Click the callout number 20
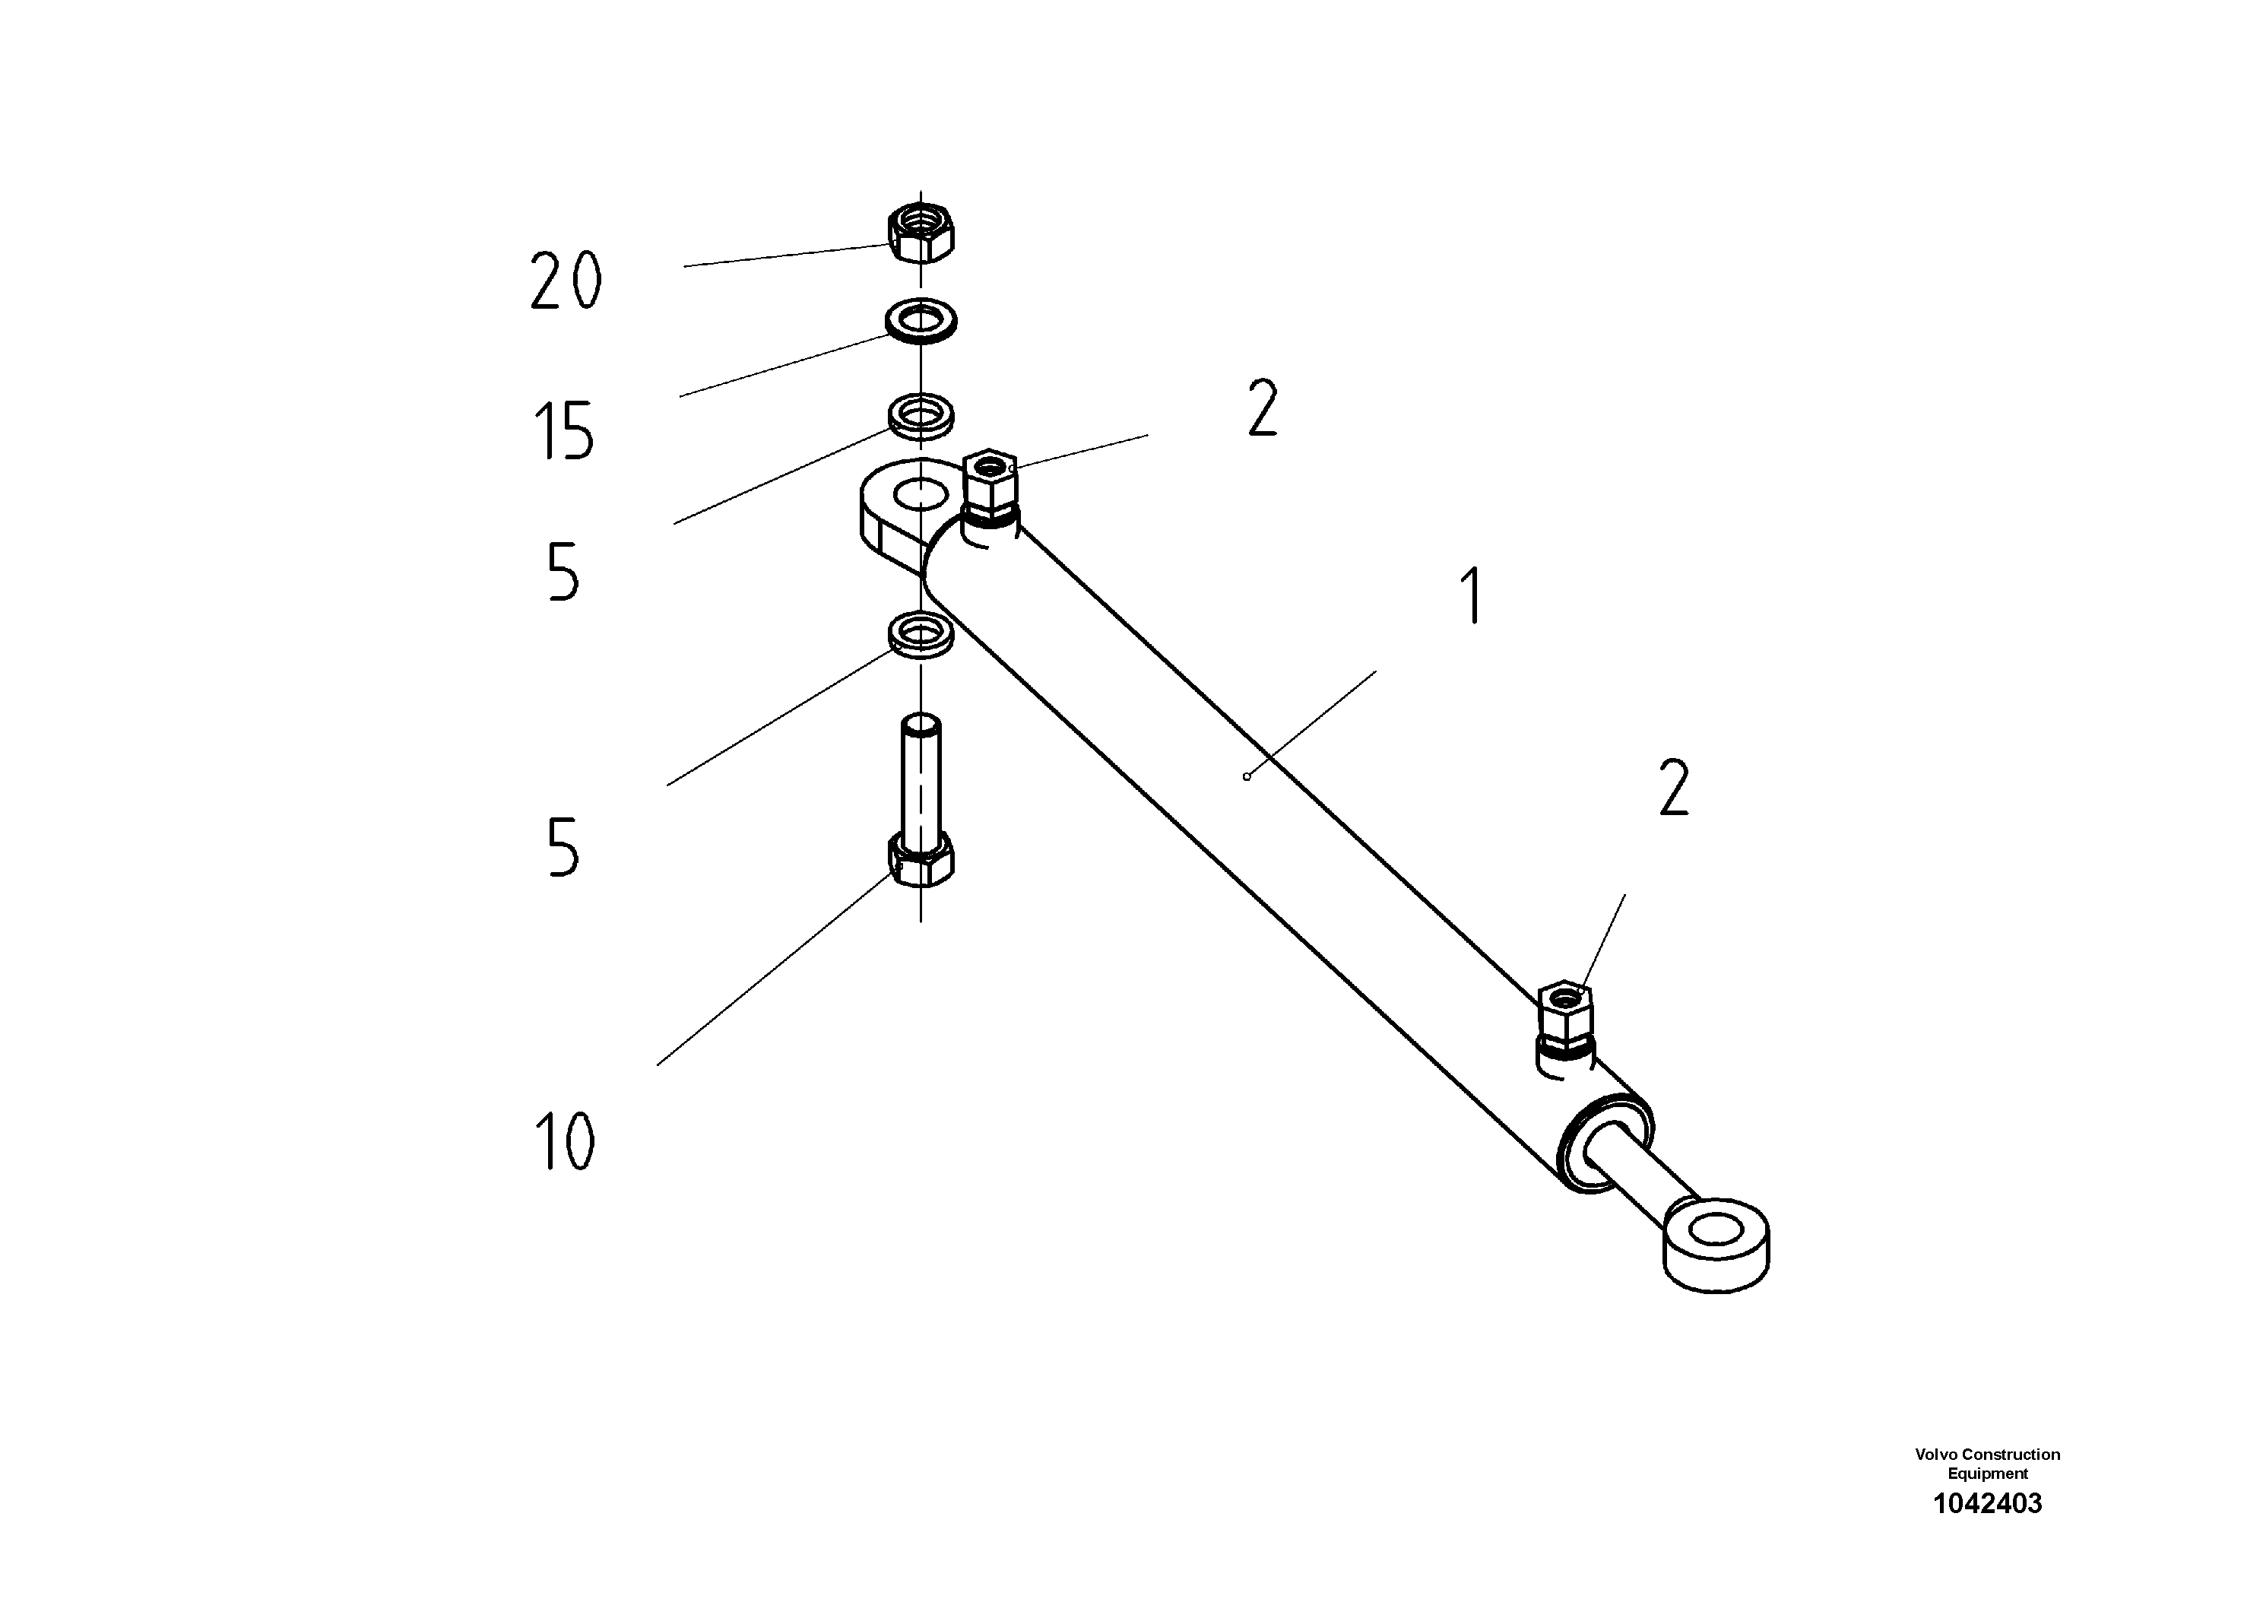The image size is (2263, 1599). (566, 281)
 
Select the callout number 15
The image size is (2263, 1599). (564, 431)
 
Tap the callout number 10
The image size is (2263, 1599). (564, 1141)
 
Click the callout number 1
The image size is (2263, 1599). (1473, 595)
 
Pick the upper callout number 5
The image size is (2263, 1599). (563, 572)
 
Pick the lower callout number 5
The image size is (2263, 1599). (563, 848)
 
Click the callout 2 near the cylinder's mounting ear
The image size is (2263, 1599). (1263, 408)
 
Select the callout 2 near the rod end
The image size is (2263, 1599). (1675, 788)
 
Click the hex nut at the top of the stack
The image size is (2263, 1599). (921, 233)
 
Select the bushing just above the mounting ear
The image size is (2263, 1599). (921, 414)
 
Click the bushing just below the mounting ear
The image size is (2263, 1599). (921, 632)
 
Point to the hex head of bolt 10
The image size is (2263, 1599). (921, 860)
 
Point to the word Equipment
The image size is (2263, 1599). (1987, 1474)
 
